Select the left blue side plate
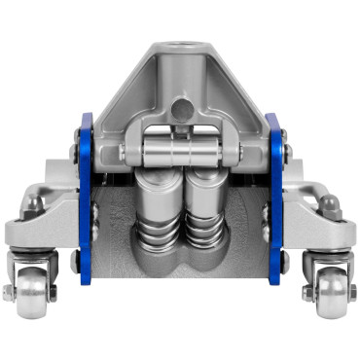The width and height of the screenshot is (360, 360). click(85, 199)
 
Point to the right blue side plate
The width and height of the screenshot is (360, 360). click(274, 199)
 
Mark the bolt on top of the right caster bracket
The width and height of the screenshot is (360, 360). click(329, 203)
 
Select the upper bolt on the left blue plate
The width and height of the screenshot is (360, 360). click(76, 151)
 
